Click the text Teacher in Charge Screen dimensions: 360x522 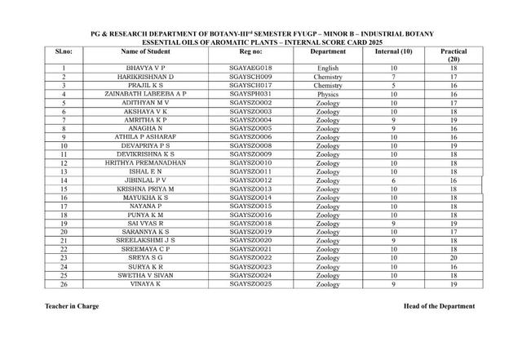[73, 307]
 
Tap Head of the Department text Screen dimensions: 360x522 [438, 307]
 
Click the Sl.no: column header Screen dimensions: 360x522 [63, 51]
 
